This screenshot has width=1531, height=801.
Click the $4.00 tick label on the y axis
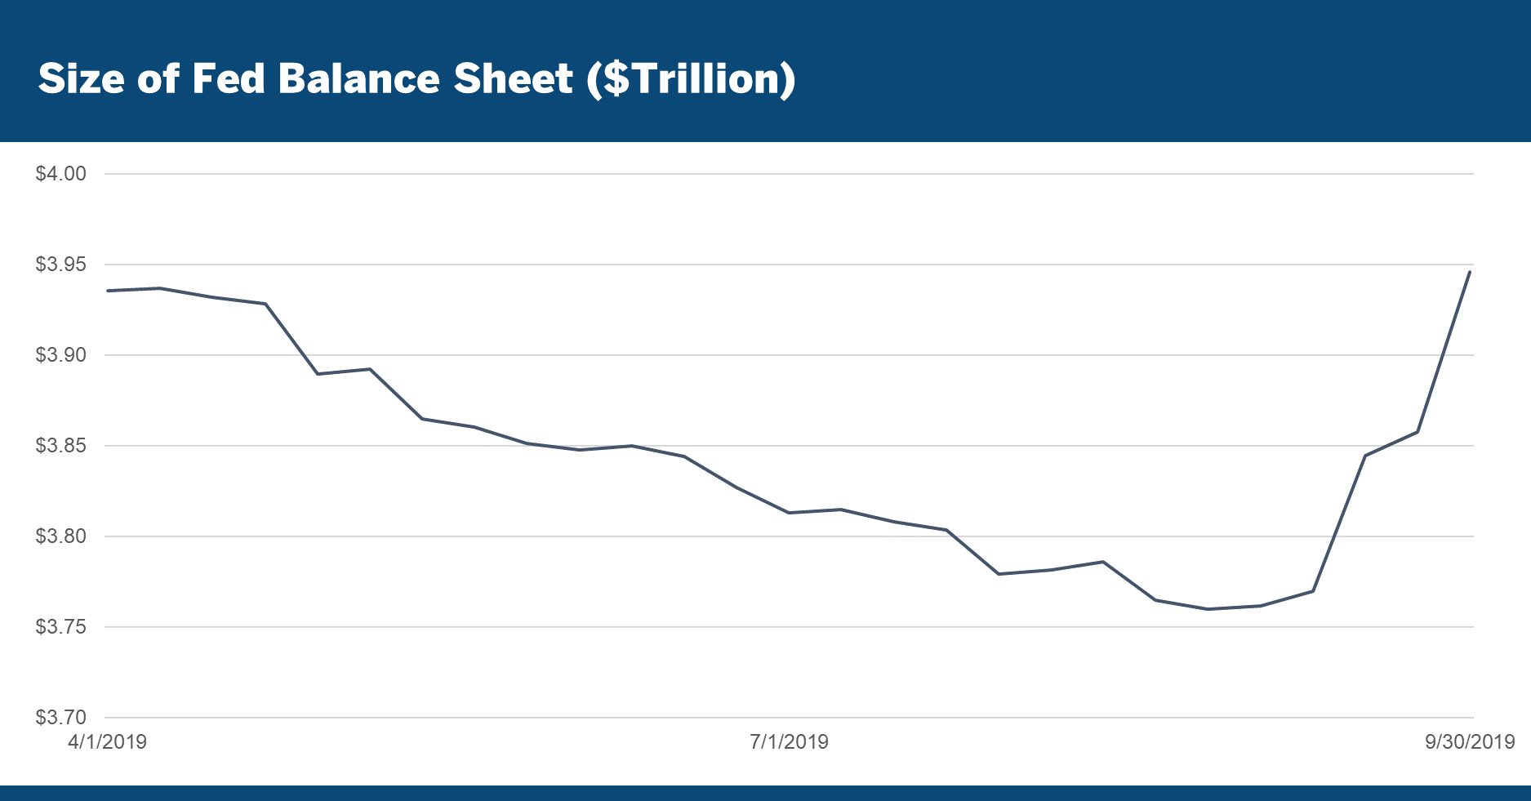click(x=60, y=174)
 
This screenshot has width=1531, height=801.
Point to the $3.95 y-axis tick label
click(x=60, y=265)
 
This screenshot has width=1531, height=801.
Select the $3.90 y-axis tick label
click(x=60, y=355)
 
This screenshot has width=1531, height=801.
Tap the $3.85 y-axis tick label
click(x=60, y=446)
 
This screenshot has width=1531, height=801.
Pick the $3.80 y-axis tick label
click(x=60, y=536)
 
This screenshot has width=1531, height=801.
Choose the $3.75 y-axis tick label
click(x=60, y=627)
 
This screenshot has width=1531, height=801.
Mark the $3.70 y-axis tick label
click(x=60, y=718)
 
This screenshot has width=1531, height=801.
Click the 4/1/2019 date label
click(x=107, y=742)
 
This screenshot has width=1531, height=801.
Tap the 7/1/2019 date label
click(x=789, y=742)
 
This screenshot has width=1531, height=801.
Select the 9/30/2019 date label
click(x=1470, y=742)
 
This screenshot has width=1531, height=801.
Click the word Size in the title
click(x=81, y=79)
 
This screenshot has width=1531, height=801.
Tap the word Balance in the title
click(x=358, y=79)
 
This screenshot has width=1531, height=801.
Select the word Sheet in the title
click(x=513, y=79)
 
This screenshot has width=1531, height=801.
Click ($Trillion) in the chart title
click(x=691, y=80)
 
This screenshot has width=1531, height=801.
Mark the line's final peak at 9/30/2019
click(x=1470, y=272)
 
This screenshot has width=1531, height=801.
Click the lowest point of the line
click(x=1208, y=609)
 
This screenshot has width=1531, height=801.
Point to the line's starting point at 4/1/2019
click(x=108, y=291)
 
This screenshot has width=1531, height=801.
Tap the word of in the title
click(x=158, y=79)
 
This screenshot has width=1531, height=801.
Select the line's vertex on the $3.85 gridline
click(x=631, y=446)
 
